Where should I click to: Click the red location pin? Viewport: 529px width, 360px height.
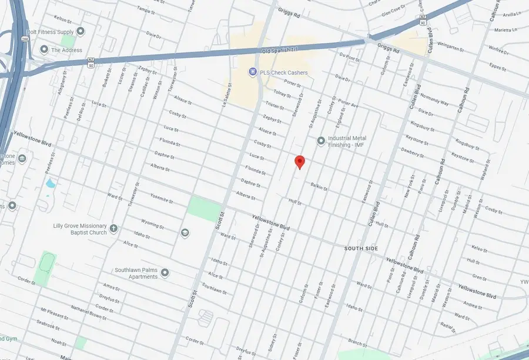(299, 162)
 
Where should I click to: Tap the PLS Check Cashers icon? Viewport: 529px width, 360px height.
(253, 72)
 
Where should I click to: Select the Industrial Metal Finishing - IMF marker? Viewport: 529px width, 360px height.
(321, 141)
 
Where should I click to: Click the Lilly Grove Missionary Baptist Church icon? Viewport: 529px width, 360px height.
(113, 228)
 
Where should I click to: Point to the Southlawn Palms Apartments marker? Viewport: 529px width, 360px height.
(165, 273)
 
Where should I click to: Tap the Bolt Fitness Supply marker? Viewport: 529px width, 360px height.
(81, 31)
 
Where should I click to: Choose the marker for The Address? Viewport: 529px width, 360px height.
(43, 50)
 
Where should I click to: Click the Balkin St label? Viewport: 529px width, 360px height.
(319, 186)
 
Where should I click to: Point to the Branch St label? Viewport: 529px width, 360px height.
(357, 342)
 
